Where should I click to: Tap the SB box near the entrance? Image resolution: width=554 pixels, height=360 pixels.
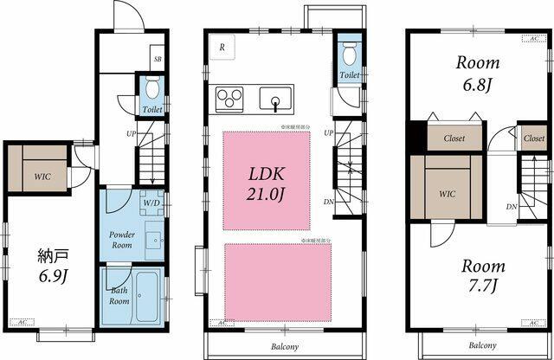[x=157, y=59]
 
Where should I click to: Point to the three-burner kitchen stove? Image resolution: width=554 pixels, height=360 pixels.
[x=229, y=98]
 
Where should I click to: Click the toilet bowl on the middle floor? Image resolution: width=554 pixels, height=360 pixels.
[x=349, y=55]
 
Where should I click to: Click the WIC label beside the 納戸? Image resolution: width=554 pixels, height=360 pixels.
[x=42, y=177]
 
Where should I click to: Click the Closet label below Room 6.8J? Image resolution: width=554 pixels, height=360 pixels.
[x=454, y=138]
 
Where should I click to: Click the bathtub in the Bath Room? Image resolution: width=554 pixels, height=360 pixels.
[x=145, y=297]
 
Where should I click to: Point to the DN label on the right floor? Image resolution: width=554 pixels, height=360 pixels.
[x=512, y=207]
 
